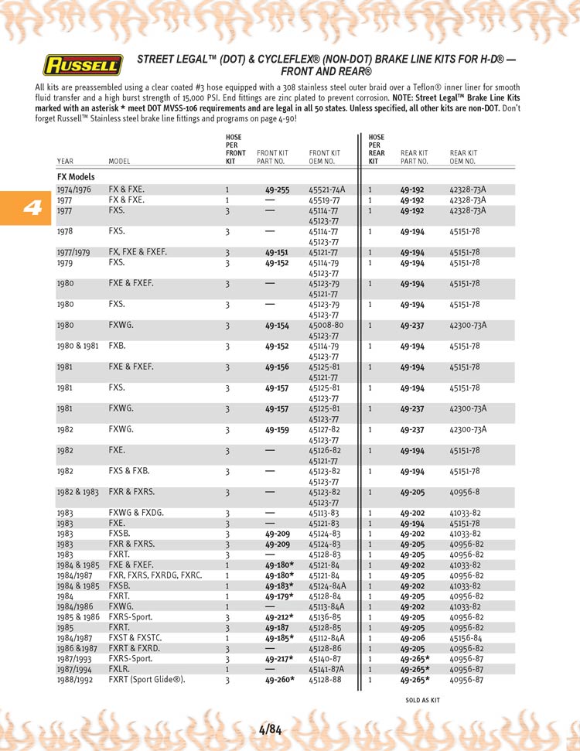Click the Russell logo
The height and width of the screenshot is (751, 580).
tap(83, 64)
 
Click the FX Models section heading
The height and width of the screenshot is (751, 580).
tap(76, 177)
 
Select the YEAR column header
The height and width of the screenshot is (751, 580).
tap(65, 162)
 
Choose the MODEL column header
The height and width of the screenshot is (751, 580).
tap(119, 162)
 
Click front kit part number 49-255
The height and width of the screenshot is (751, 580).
tap(277, 189)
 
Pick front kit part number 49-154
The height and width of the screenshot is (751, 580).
tap(277, 326)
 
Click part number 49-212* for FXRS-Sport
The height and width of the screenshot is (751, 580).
tap(278, 617)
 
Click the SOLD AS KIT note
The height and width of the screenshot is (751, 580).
tap(422, 700)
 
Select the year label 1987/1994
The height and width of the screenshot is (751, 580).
tap(74, 669)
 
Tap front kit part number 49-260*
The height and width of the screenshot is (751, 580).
tap(278, 680)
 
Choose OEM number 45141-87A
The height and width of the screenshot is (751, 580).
tap(326, 669)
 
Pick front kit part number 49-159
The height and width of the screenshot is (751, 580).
tap(277, 429)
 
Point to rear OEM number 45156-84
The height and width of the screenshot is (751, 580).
tap(466, 638)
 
